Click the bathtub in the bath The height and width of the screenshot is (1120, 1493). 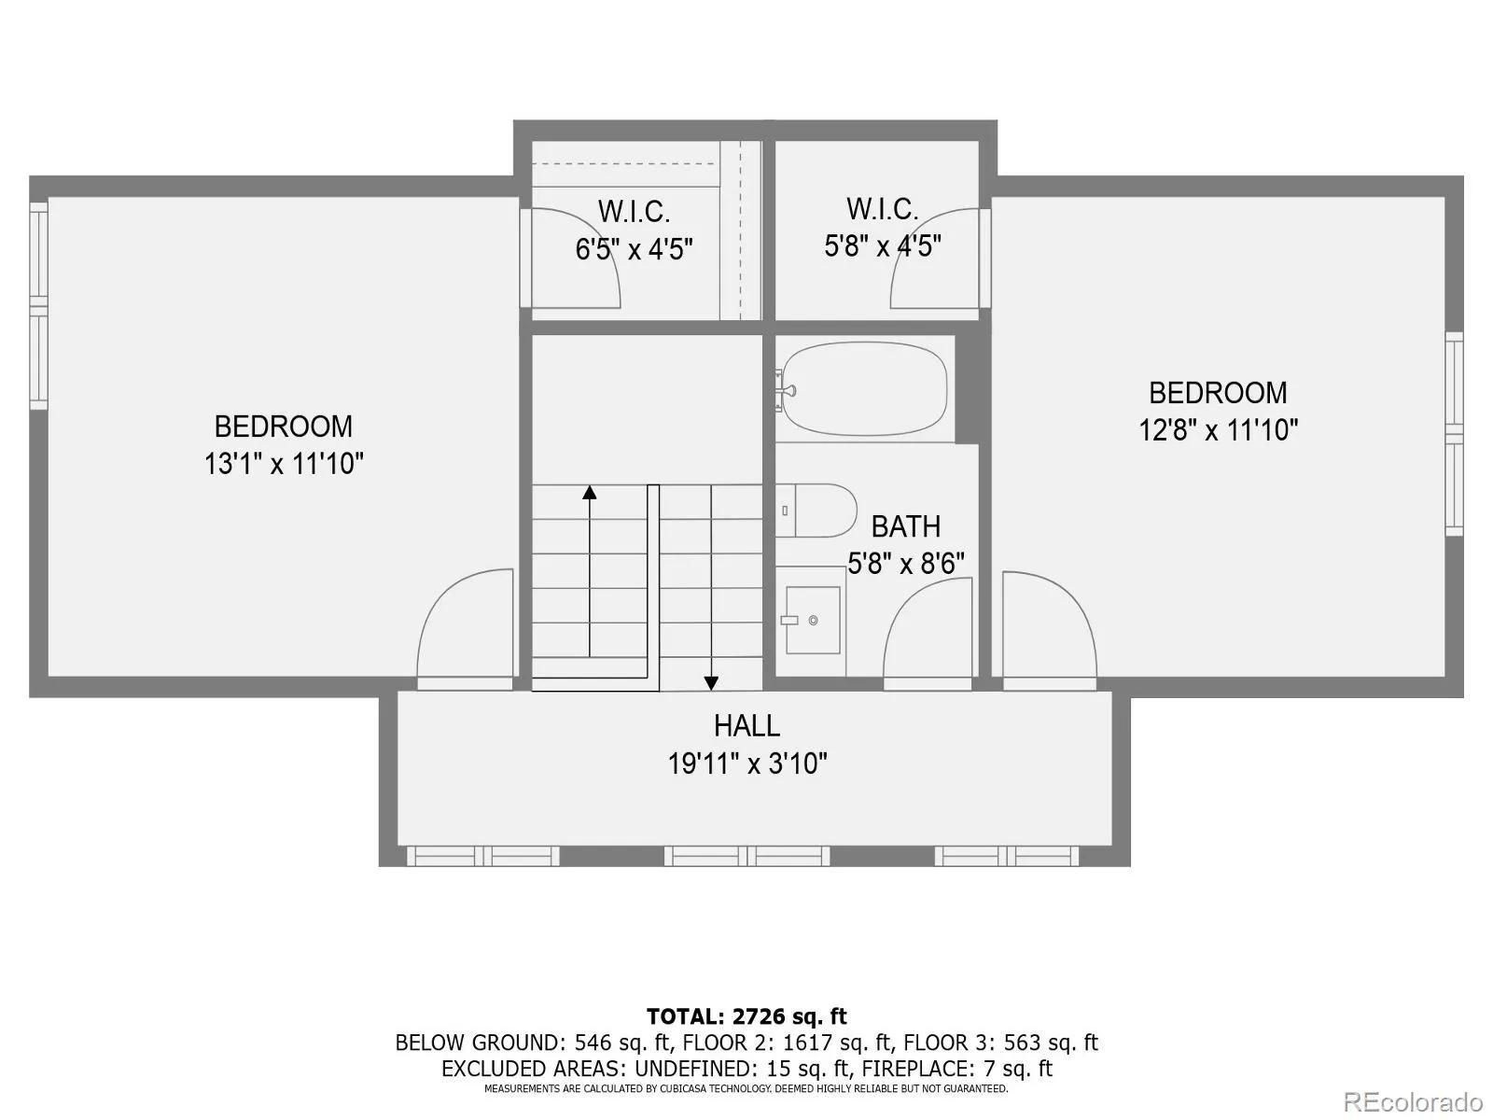click(x=864, y=388)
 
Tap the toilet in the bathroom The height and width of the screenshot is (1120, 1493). click(x=816, y=511)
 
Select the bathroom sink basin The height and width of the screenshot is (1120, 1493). click(x=813, y=620)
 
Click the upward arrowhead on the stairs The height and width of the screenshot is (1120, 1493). click(x=589, y=492)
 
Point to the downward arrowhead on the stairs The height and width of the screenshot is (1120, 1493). click(x=711, y=682)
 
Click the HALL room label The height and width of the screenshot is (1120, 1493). click(x=746, y=725)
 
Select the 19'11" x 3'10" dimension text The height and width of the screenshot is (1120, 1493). click(x=746, y=764)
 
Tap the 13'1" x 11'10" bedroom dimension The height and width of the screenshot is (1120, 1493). click(x=284, y=464)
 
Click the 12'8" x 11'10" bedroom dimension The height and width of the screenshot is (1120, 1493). click(x=1218, y=430)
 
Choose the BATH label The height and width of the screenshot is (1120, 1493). click(x=905, y=526)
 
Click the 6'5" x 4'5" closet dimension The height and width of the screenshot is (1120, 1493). click(x=634, y=249)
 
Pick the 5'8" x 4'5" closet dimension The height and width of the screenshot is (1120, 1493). click(x=882, y=246)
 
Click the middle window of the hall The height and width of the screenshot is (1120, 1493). click(x=746, y=856)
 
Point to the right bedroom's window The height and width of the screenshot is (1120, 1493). click(x=1454, y=434)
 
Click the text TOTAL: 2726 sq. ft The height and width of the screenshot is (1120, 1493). click(x=746, y=1016)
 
